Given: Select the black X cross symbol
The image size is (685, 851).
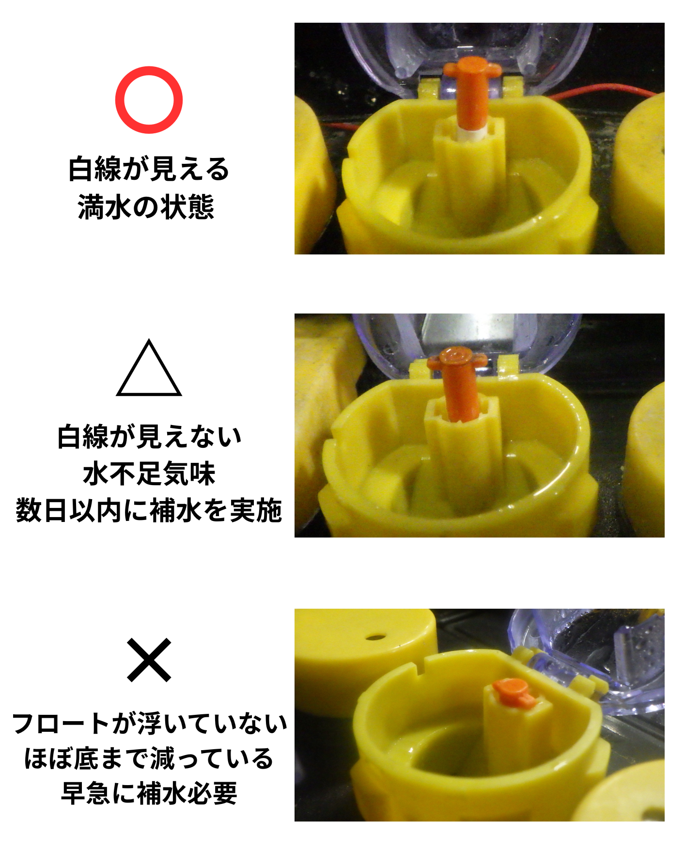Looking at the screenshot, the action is coord(149,660).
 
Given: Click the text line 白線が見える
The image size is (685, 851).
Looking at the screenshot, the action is coord(149,169).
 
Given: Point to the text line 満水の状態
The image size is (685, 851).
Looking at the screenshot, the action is coord(146,207).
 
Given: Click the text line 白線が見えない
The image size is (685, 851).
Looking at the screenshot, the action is coord(149,437).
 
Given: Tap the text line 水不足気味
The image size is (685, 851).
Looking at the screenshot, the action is coord(149,473).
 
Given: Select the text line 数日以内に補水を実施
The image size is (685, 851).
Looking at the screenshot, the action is coord(149,510).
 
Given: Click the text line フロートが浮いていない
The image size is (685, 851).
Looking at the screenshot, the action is coord(149,724).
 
